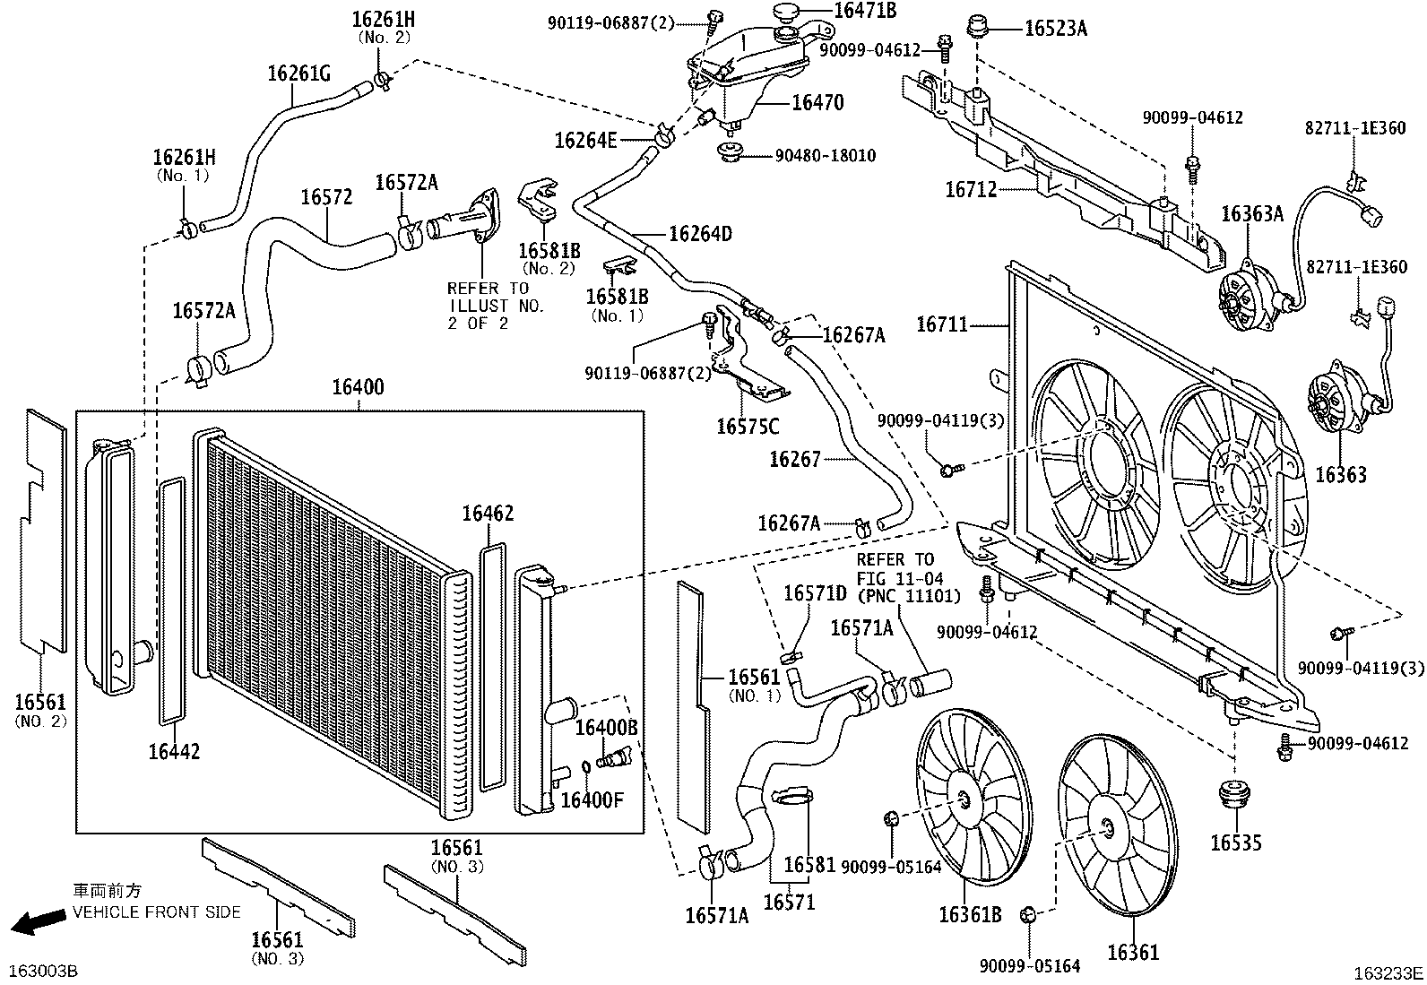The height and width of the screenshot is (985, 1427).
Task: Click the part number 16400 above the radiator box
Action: click(x=358, y=387)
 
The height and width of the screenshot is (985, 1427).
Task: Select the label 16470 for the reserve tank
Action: click(x=817, y=103)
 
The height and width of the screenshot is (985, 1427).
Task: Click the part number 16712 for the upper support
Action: click(x=971, y=190)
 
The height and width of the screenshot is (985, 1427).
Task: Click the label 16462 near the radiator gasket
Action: click(x=488, y=514)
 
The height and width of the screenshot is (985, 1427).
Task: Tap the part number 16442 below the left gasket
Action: click(x=174, y=751)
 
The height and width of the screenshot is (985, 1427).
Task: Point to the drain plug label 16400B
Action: click(x=606, y=728)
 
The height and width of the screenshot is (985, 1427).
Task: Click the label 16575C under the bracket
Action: click(x=747, y=427)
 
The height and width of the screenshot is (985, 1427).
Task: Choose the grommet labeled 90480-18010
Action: click(x=825, y=156)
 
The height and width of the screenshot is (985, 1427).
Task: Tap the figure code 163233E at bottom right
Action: click(x=1388, y=972)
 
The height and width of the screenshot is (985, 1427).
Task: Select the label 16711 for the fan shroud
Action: click(x=941, y=324)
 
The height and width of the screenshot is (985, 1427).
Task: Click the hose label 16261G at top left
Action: click(x=298, y=73)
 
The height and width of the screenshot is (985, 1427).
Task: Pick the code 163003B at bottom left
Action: click(x=43, y=972)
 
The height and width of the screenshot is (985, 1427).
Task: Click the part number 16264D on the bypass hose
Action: click(x=700, y=235)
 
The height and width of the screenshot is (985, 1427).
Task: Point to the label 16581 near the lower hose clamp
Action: click(x=809, y=865)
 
